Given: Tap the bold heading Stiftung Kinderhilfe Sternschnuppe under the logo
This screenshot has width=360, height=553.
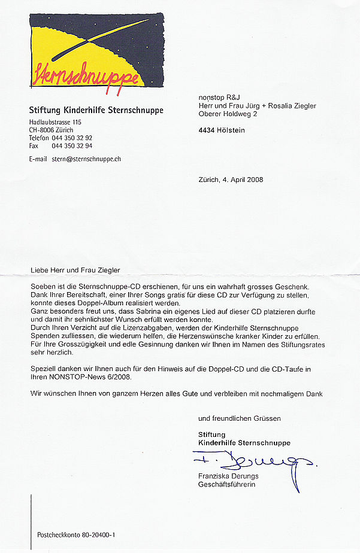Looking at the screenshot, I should (96, 110).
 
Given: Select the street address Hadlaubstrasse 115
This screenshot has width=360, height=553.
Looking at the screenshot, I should (55, 123).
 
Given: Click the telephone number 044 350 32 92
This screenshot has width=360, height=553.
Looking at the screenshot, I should (72, 138).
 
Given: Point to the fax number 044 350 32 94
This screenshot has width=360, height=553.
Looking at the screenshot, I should (72, 145).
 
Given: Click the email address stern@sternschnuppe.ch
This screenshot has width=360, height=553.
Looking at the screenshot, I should (87, 159).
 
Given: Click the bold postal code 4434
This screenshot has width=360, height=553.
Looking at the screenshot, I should (208, 130).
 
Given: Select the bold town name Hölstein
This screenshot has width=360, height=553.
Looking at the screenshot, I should (233, 130).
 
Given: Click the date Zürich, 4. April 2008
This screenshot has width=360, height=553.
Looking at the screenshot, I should (231, 180).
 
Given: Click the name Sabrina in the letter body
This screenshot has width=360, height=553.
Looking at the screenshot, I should (155, 312).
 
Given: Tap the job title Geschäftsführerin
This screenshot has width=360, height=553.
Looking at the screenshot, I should (226, 484).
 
